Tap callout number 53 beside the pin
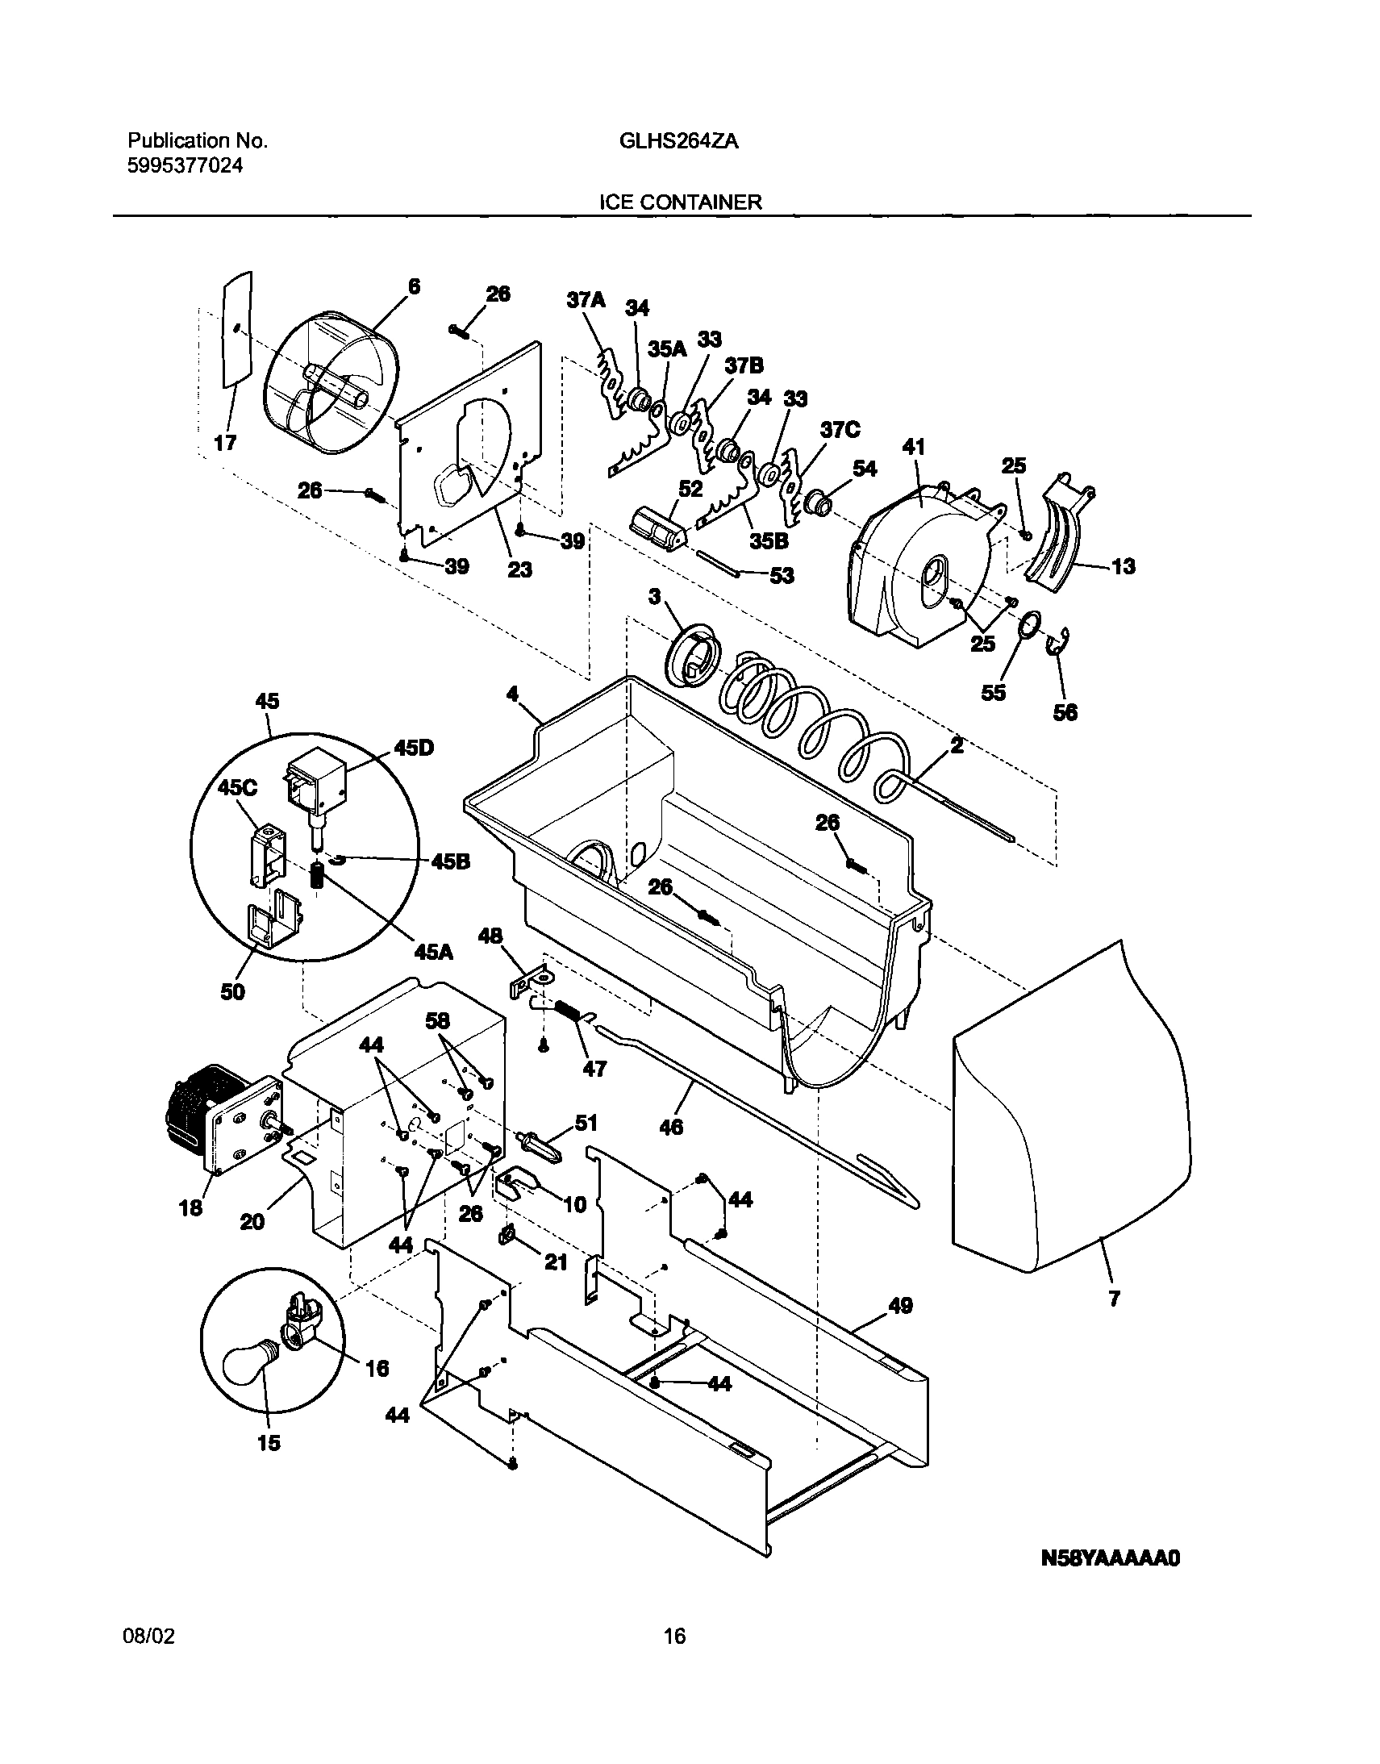782,575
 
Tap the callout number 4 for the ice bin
512,694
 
